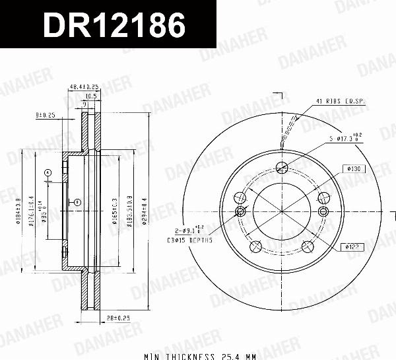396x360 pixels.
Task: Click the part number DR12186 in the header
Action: coord(114,26)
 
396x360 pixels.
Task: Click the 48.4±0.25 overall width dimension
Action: coord(84,87)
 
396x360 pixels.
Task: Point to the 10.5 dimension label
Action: coord(92,96)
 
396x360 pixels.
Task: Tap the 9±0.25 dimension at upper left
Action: coord(46,115)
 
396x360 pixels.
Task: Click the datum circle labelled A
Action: coord(48,173)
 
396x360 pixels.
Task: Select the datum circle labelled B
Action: coord(77,201)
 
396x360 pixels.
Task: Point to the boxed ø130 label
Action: coord(354,169)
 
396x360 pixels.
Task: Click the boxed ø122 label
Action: coord(351,247)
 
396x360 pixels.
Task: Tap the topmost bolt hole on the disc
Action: coord(282,166)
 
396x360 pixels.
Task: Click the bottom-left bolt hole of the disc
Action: coord(255,246)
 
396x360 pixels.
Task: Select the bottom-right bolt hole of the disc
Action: coord(308,246)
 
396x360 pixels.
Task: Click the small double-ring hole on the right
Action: coord(323,211)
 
